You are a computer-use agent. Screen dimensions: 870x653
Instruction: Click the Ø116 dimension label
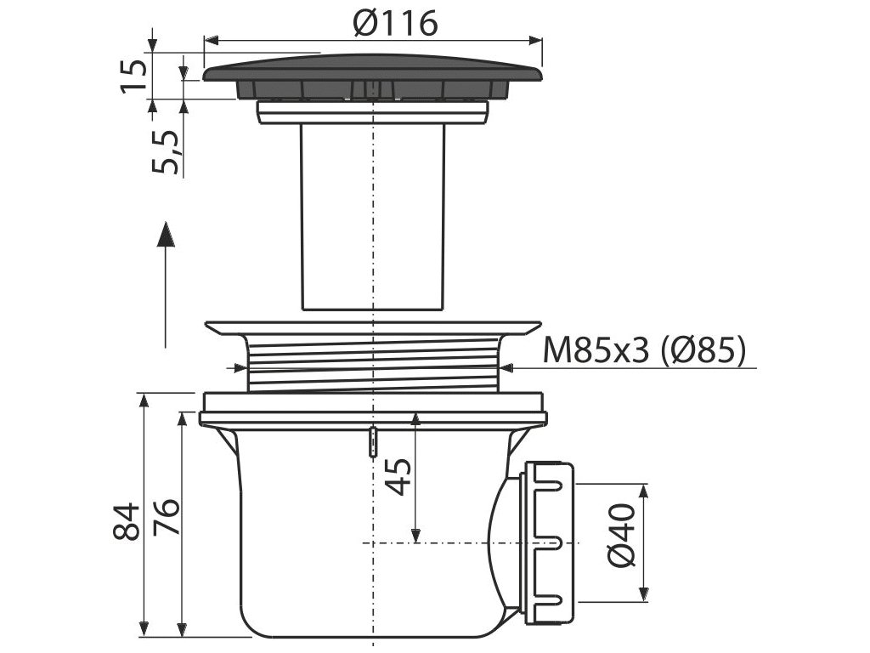click(x=395, y=23)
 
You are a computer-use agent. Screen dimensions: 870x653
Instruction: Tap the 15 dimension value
click(x=133, y=76)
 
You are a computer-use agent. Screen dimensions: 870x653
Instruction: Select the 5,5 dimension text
click(x=166, y=151)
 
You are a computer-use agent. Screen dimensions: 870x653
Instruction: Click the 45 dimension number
click(x=398, y=476)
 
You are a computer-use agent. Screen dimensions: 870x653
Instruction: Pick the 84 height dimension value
click(x=126, y=521)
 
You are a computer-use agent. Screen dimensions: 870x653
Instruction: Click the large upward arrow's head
click(x=166, y=235)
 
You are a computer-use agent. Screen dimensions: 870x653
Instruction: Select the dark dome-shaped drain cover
click(x=372, y=77)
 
